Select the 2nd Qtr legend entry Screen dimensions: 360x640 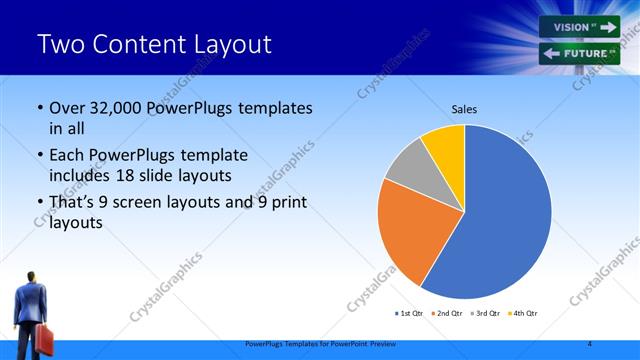click(446, 313)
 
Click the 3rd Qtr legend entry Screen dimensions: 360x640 click(485, 313)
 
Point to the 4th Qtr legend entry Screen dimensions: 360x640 click(523, 313)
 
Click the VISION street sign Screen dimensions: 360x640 click(580, 27)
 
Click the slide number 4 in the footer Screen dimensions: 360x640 click(590, 344)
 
